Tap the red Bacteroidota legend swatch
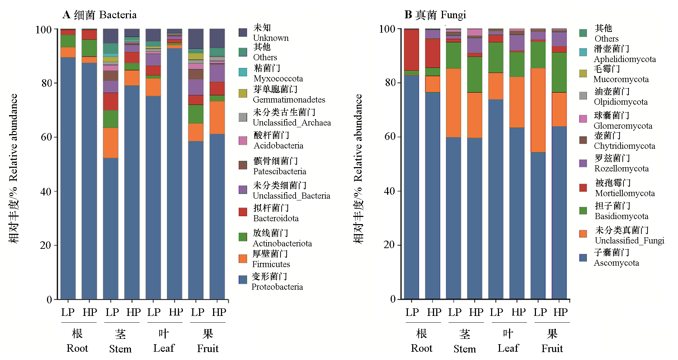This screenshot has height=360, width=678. (243, 212)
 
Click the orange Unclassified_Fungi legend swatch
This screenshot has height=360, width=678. (583, 234)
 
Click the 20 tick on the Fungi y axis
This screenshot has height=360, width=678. (390, 245)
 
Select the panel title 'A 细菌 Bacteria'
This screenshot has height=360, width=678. (99, 15)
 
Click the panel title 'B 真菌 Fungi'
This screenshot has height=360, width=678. (435, 15)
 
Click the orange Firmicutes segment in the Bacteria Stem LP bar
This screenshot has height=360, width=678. (110, 143)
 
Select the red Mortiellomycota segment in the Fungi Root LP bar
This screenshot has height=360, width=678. (411, 50)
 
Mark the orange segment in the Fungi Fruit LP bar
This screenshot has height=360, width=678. (538, 110)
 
